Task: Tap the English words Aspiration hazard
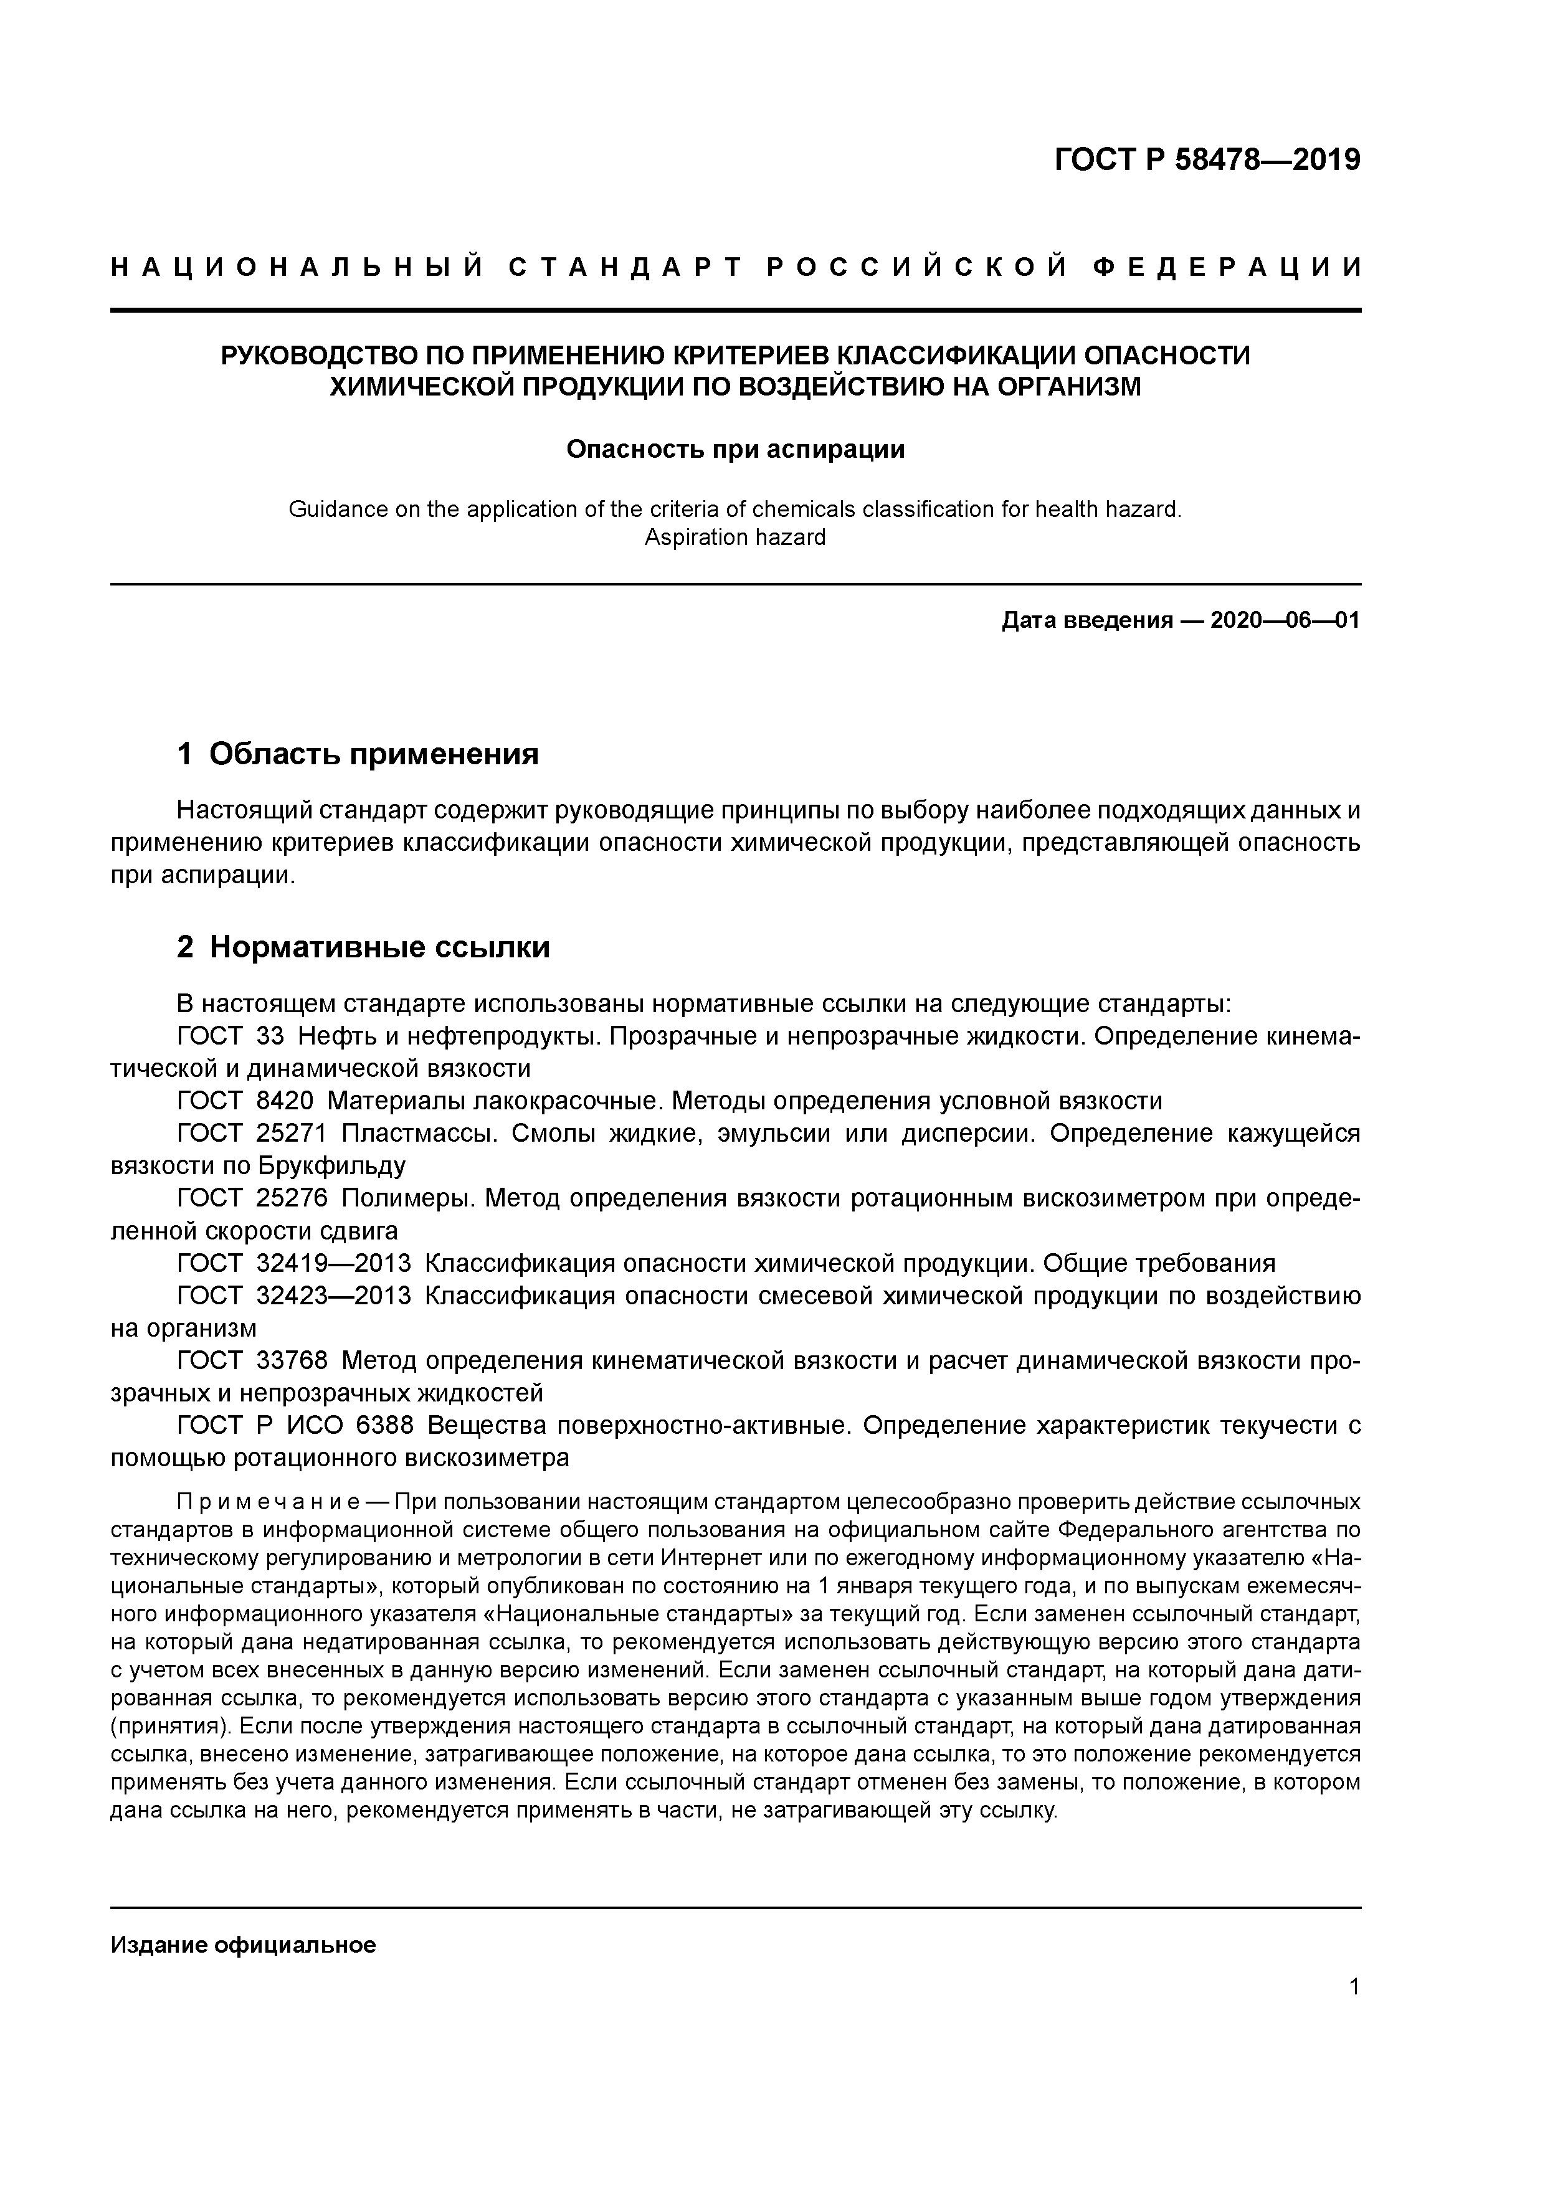pyautogui.click(x=735, y=538)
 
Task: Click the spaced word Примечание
pyautogui.click(x=267, y=1503)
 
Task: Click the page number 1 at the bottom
pyautogui.click(x=1354, y=1987)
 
